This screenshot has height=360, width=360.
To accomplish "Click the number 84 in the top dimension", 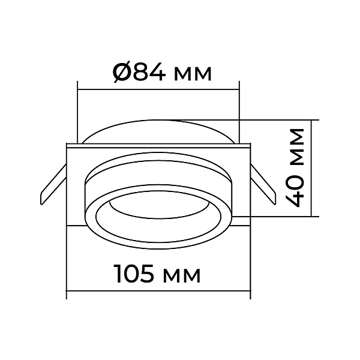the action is point(148,72).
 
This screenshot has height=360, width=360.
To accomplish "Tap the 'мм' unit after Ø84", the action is point(193,74).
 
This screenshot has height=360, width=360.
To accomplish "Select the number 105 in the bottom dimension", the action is point(134,274).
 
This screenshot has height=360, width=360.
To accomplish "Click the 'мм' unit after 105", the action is point(182,276).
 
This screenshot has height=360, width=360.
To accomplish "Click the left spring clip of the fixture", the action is point(53,184).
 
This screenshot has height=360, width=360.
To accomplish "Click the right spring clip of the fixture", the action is point(263,184).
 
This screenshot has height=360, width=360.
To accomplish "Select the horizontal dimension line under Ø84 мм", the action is point(158,89).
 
